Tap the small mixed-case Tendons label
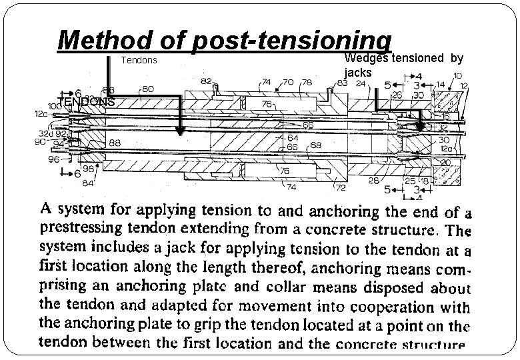pyautogui.click(x=138, y=61)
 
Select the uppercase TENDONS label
pyautogui.click(x=86, y=102)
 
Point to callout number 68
pyautogui.click(x=315, y=145)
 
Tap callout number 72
pyautogui.click(x=339, y=179)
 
